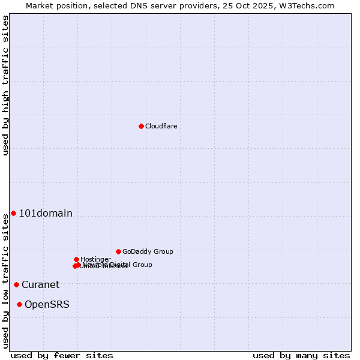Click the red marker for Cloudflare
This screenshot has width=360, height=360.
[141, 126]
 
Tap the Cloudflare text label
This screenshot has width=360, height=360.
[161, 126]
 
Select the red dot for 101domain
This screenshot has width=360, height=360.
[13, 214]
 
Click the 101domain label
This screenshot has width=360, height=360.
[46, 214]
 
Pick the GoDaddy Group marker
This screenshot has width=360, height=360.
[118, 251]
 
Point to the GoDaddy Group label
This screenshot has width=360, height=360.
[148, 251]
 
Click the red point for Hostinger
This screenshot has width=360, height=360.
[76, 259]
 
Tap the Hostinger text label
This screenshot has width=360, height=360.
[95, 259]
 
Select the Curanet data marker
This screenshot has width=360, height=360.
[16, 284]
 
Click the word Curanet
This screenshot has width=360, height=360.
[41, 284]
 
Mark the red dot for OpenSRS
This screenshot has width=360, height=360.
[19, 305]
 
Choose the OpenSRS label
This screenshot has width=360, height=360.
[47, 305]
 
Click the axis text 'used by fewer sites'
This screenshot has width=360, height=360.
[62, 355]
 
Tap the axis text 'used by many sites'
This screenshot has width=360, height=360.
[301, 355]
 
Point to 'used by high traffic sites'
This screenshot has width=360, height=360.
[5, 85]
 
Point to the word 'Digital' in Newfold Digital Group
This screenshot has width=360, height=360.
[121, 265]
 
